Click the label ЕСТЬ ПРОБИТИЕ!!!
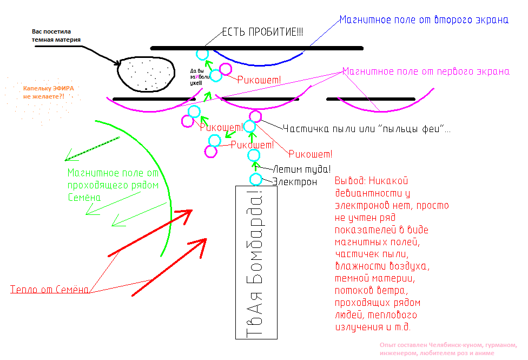coord(262,33)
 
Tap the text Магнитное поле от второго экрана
coord(424,20)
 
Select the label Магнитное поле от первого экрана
coord(426,71)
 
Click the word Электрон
coord(295,182)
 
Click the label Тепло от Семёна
coord(49,290)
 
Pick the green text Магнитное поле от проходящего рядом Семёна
coord(113,185)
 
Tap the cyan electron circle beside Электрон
coord(255,180)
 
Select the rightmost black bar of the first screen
coord(371,99)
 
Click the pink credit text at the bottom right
coord(448,349)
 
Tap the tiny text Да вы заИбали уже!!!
coord(196,77)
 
